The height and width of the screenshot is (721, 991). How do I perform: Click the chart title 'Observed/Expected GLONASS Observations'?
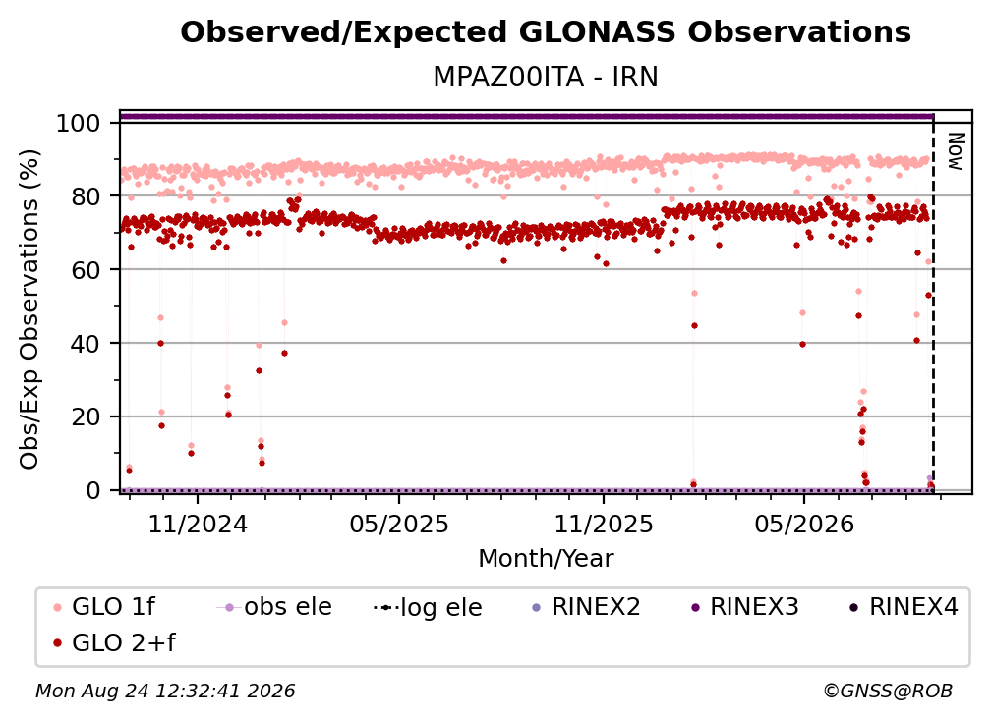click(546, 32)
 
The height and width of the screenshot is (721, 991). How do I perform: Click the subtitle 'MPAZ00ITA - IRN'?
click(546, 77)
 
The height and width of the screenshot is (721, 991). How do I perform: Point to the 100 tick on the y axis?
click(78, 123)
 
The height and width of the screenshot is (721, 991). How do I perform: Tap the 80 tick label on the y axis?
click(86, 196)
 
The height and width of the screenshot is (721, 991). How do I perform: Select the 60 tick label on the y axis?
click(86, 270)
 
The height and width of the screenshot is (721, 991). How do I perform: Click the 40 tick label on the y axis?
click(86, 344)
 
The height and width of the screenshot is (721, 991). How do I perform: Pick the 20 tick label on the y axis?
click(86, 417)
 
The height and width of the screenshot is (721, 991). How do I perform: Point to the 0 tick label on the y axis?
click(93, 490)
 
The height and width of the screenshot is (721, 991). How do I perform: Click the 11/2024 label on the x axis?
click(198, 524)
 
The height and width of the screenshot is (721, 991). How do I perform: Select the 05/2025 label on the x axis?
click(399, 524)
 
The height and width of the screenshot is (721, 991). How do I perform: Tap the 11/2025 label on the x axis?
click(604, 524)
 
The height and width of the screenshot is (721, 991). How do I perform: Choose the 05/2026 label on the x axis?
click(804, 524)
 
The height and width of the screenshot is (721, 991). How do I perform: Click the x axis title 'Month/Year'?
click(546, 558)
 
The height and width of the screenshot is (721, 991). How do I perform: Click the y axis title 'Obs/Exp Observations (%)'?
click(29, 309)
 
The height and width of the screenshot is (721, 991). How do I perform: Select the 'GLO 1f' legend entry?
click(104, 607)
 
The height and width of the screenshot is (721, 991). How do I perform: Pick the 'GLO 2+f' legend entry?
click(114, 642)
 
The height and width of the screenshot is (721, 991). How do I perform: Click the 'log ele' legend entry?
click(428, 607)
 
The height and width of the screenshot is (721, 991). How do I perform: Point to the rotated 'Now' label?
click(956, 151)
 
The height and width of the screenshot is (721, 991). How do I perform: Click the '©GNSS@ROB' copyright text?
click(888, 692)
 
